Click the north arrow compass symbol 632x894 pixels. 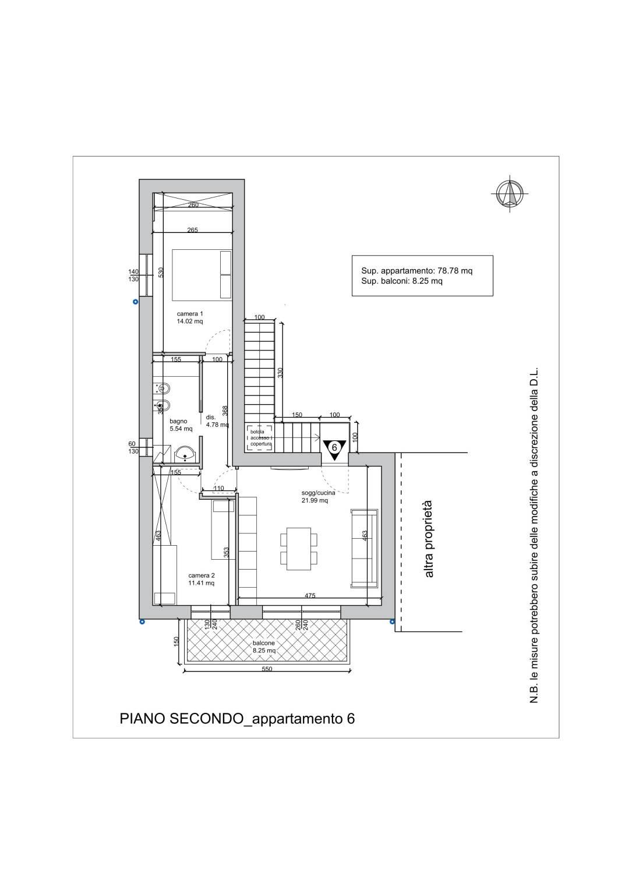(x=510, y=194)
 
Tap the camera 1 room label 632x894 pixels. (x=190, y=317)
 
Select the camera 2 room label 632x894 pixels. (x=201, y=579)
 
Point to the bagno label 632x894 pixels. (x=181, y=425)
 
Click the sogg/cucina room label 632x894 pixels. (x=318, y=496)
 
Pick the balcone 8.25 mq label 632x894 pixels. (x=264, y=647)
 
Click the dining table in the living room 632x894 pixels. (x=299, y=549)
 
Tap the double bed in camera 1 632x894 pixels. (x=202, y=274)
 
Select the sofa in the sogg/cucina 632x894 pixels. (x=364, y=549)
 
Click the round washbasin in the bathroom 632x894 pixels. (x=185, y=454)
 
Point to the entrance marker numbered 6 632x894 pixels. (x=334, y=448)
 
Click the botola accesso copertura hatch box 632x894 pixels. (x=260, y=438)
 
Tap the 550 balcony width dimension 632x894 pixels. (x=267, y=669)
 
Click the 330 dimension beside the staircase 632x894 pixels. (x=280, y=373)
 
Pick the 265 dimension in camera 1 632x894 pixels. (x=192, y=230)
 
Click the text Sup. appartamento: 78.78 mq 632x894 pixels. (x=417, y=271)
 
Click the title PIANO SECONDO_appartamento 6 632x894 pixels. (x=237, y=719)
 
